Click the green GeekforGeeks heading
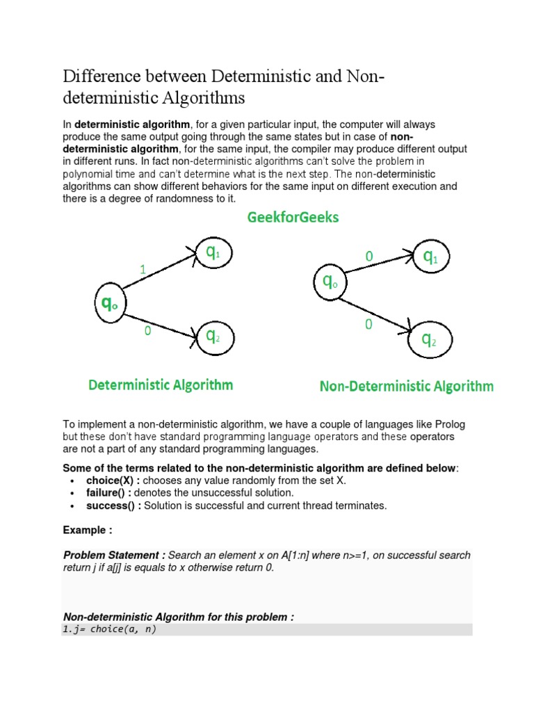[x=292, y=218]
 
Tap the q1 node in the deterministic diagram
[x=212, y=254]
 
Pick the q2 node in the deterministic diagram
[x=213, y=337]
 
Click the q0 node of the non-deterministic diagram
[x=330, y=282]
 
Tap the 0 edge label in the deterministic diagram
[x=147, y=332]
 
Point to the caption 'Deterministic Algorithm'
[x=160, y=385]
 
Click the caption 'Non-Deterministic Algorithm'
[x=406, y=386]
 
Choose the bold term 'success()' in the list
[x=112, y=505]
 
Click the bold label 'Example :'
[x=88, y=530]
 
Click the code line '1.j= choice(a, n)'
[x=110, y=629]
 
